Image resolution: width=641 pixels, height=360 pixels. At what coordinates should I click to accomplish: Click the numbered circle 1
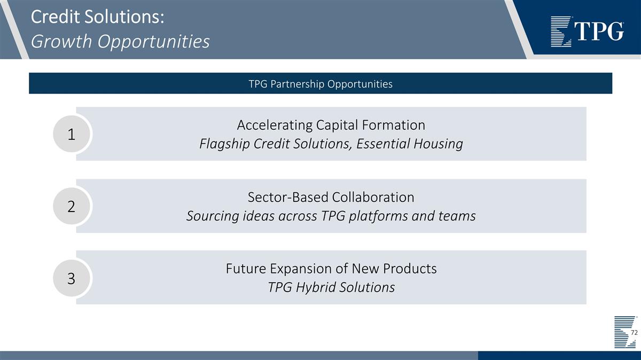[72, 135]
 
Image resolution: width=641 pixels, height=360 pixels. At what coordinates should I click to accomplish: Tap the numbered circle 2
[72, 207]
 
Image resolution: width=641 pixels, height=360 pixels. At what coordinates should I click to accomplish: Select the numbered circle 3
[72, 278]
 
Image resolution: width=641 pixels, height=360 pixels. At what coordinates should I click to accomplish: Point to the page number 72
[634, 333]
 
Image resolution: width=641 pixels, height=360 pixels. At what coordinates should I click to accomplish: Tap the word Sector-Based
[288, 197]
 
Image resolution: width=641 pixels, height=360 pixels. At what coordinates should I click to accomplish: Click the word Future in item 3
[246, 268]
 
